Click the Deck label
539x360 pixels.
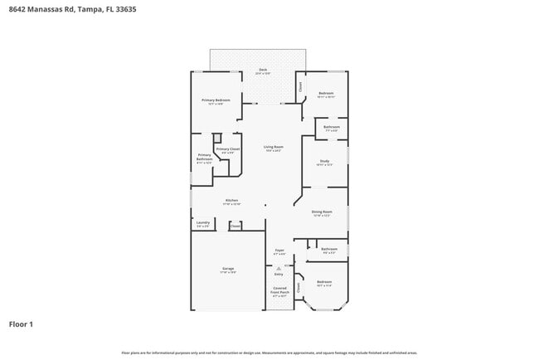click(x=263, y=70)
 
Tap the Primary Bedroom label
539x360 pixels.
click(x=216, y=100)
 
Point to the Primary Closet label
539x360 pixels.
click(x=228, y=149)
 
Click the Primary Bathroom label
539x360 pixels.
click(x=204, y=157)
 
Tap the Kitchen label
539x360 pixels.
click(x=231, y=200)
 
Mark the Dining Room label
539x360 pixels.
click(x=323, y=212)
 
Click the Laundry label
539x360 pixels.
click(x=202, y=222)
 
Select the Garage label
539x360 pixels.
click(x=228, y=268)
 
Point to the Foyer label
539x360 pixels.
click(x=279, y=250)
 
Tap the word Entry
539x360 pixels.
click(x=279, y=274)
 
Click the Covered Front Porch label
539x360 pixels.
click(x=279, y=291)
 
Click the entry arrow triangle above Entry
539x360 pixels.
click(x=279, y=268)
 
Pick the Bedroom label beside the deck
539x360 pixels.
click(x=326, y=93)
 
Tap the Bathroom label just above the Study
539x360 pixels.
click(x=331, y=127)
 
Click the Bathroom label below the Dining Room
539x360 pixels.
click(x=329, y=249)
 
